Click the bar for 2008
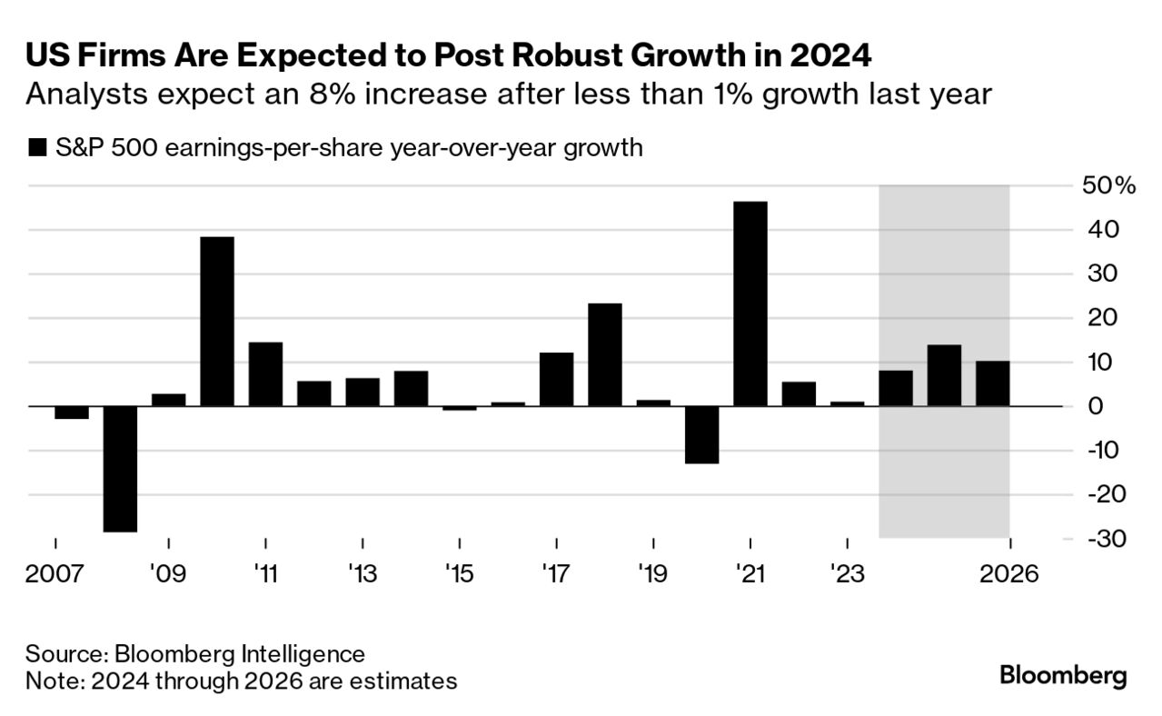(x=120, y=469)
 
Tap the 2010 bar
(x=217, y=322)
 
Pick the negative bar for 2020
(x=701, y=434)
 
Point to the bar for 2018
(x=605, y=354)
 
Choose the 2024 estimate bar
(x=896, y=388)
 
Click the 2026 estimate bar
(x=992, y=383)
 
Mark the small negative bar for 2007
(x=72, y=413)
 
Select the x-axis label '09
(x=168, y=574)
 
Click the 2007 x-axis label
(x=55, y=574)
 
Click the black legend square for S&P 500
(x=37, y=147)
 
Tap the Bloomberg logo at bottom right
(x=1063, y=675)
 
